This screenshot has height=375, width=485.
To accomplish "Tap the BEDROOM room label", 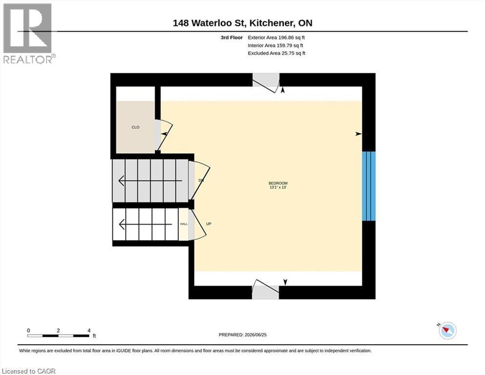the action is click(x=278, y=183).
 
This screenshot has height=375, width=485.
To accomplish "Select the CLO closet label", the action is click(x=135, y=127).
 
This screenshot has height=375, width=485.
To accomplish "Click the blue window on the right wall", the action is click(x=369, y=186).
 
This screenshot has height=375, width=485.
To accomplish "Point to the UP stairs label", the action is click(x=209, y=224).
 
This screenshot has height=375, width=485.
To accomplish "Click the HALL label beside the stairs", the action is click(x=184, y=224).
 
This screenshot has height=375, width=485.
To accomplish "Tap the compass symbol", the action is click(x=447, y=331).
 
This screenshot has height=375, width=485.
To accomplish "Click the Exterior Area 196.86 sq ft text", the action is click(x=276, y=38).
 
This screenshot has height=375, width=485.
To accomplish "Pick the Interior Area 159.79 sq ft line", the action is click(x=275, y=45).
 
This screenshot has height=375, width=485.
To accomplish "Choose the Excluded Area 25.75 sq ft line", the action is click(x=276, y=53).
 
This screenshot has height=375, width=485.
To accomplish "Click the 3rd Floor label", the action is click(x=232, y=38).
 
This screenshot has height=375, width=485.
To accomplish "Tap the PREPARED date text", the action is click(x=242, y=334).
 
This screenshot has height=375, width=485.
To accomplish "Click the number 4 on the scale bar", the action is click(x=89, y=331).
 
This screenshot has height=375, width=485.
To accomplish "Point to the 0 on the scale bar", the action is click(x=28, y=331).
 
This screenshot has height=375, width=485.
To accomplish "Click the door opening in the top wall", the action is click(x=266, y=80).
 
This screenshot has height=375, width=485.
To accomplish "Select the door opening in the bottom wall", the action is click(x=265, y=292).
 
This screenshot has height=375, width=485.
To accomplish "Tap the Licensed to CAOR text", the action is click(x=29, y=371).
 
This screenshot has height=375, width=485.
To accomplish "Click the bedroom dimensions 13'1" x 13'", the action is click(x=278, y=187).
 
